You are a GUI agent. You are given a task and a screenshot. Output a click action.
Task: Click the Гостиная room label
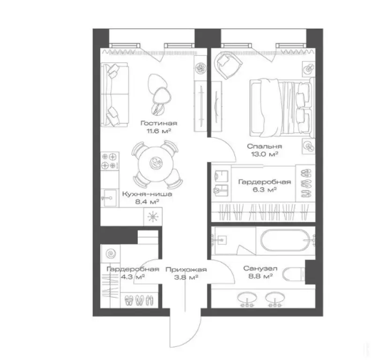pyautogui.click(x=159, y=123)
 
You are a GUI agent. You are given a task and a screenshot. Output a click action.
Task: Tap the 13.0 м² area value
pyautogui.click(x=264, y=154)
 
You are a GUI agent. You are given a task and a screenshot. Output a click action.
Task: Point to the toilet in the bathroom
pyautogui.click(x=294, y=275)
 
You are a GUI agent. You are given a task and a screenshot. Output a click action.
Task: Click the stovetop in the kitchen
pyautogui.click(x=110, y=161)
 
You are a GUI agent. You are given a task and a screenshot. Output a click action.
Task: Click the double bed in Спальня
pyautogui.click(x=282, y=107)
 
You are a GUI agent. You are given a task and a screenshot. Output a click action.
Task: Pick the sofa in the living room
pyautogui.click(x=114, y=95)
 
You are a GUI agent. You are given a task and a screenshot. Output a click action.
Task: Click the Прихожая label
pyautogui.click(x=186, y=270)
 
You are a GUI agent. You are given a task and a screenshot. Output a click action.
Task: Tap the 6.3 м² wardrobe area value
pyautogui.click(x=265, y=189)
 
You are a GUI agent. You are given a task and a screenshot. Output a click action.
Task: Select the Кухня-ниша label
pyautogui.click(x=147, y=194)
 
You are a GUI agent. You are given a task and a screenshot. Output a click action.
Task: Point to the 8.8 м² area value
pyautogui.click(x=260, y=276)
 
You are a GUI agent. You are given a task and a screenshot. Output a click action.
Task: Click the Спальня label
pyautogui.click(x=265, y=146)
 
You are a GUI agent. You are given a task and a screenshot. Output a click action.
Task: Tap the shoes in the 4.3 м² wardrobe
pyautogui.click(x=139, y=300)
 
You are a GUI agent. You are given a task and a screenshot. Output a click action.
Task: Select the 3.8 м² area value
pyautogui.click(x=186, y=277)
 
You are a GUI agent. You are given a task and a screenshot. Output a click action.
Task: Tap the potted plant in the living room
pyautogui.click(x=200, y=68)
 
